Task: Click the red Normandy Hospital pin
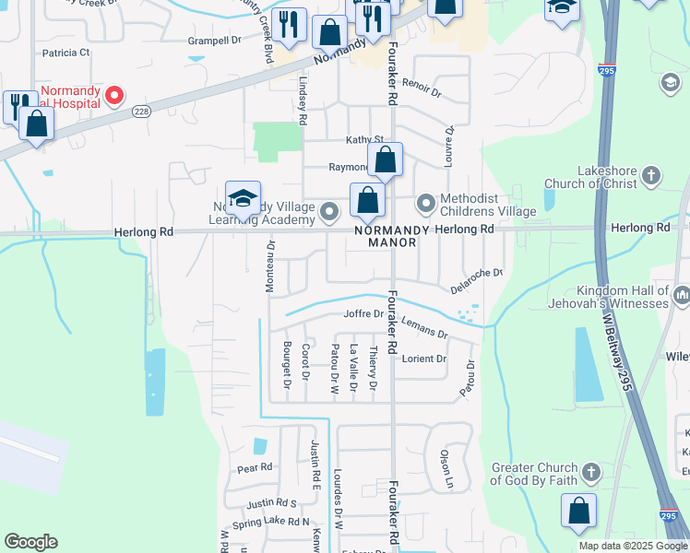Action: [115, 95]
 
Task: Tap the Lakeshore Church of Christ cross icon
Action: [650, 176]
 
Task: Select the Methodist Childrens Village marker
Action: [425, 201]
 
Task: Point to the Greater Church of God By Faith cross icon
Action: [591, 474]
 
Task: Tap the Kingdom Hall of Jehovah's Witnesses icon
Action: [682, 295]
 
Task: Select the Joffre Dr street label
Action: [363, 313]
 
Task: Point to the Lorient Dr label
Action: [424, 359]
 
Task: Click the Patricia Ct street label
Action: [65, 53]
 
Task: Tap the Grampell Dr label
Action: [214, 41]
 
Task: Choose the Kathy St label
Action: [363, 140]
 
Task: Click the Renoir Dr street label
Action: [422, 92]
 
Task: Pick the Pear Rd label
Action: [255, 468]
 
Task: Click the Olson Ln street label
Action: [446, 467]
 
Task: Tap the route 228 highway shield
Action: [140, 111]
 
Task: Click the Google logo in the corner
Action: [30, 542]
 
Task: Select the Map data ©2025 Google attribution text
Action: [632, 546]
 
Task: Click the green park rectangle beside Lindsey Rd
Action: [279, 138]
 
